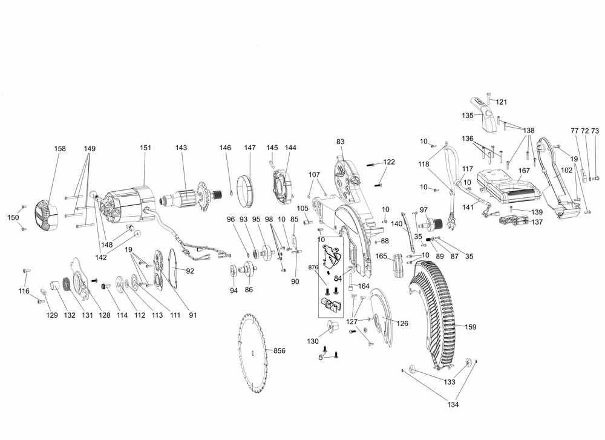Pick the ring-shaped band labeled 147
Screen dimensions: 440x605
(x=248, y=188)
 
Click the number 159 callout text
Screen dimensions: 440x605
(x=470, y=327)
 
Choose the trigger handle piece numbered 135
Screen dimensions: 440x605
(x=487, y=117)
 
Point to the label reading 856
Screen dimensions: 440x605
(x=279, y=351)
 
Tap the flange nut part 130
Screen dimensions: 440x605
(x=331, y=326)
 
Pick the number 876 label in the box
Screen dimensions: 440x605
(x=312, y=267)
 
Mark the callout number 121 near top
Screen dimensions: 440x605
(x=502, y=102)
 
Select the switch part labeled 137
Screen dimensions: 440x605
(x=511, y=220)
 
